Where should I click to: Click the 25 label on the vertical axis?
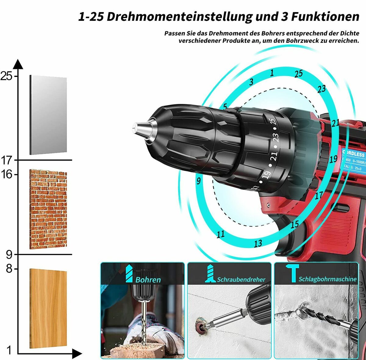[7, 76]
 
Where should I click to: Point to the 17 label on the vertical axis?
[7, 160]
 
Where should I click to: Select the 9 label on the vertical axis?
[9, 254]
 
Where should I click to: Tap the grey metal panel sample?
[48, 115]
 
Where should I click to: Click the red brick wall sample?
[48, 209]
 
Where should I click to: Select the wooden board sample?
[48, 308]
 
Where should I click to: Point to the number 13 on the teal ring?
[258, 243]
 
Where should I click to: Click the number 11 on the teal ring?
[221, 234]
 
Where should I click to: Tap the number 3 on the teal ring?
[251, 82]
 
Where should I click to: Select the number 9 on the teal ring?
[199, 181]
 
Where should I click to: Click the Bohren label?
[148, 280]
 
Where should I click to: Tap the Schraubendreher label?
[241, 279]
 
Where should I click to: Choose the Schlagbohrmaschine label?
[327, 279]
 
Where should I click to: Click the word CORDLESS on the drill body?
[353, 154]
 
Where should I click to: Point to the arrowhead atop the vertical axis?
[18, 64]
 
